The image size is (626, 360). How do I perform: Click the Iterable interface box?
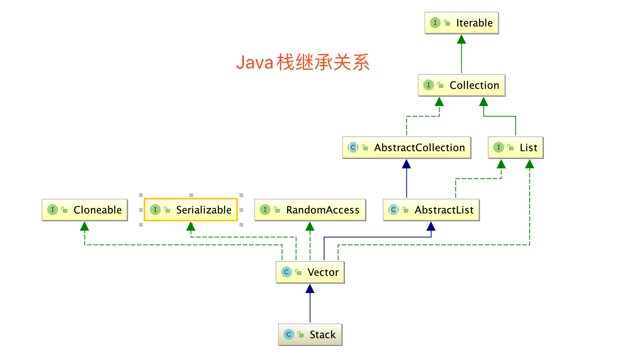point(461,23)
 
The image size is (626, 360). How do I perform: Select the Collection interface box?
point(461,85)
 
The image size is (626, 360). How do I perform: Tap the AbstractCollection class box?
point(406,148)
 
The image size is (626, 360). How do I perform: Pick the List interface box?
point(515,148)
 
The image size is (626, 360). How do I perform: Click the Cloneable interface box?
point(84,210)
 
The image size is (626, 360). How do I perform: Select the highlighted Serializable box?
point(191,210)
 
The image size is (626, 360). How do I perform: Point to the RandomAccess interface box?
point(310,210)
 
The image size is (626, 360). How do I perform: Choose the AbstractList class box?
point(431,210)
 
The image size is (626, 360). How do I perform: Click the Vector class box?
point(310,272)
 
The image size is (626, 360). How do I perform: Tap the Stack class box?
point(310,335)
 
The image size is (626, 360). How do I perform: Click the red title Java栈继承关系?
point(302,62)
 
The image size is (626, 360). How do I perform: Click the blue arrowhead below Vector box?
point(310,289)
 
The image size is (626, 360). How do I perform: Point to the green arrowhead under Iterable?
point(461,39)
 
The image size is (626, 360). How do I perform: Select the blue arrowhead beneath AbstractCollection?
point(406,164)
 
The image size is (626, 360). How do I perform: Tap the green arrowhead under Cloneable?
point(84,226)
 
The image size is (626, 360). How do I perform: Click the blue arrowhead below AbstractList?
point(431,226)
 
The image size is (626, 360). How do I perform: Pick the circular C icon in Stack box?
point(288,334)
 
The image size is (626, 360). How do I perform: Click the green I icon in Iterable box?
point(435,23)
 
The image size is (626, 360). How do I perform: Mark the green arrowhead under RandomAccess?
point(310,226)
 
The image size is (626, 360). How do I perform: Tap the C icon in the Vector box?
point(286,272)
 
